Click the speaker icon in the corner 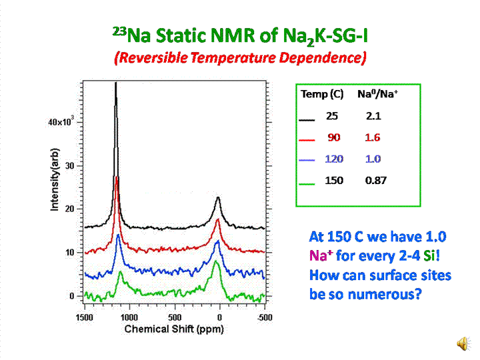click(461, 342)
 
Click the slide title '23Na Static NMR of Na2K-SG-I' click(240, 35)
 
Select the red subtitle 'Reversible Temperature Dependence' click(240, 57)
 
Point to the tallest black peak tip click(116, 84)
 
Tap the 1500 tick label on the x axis click(85, 317)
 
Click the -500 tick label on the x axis click(266, 317)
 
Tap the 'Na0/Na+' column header click(377, 95)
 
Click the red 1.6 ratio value click(374, 137)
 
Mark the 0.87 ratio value click(375, 181)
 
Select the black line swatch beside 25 click(307, 120)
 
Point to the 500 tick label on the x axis click(175, 317)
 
